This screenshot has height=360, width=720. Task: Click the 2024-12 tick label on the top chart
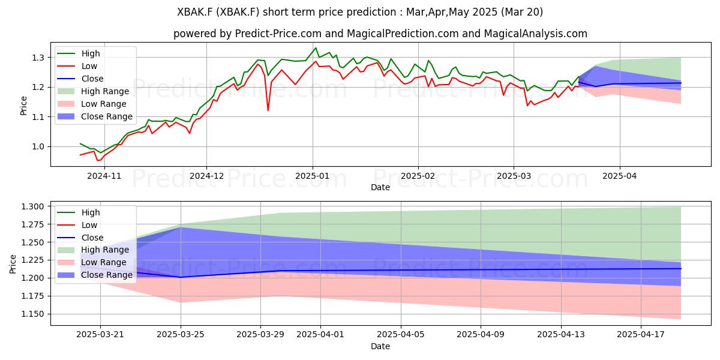point(206,176)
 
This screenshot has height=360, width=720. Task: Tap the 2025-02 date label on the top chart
point(418,176)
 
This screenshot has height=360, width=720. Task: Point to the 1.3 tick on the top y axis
point(38,58)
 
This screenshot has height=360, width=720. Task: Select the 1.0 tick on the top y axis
point(38,147)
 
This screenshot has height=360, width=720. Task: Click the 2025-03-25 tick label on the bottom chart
point(181,335)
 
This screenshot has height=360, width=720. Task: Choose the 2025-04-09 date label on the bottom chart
point(481,335)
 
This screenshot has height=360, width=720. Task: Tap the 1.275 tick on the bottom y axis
point(32,224)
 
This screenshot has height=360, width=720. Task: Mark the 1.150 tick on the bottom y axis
point(32,314)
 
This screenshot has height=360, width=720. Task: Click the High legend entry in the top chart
point(91,53)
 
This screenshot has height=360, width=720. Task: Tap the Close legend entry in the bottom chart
point(92,238)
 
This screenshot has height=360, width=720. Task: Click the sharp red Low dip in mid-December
point(268,110)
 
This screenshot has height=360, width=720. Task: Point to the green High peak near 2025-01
point(316,48)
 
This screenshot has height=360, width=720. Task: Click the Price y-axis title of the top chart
point(23,106)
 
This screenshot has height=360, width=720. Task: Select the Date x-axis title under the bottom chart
point(380,346)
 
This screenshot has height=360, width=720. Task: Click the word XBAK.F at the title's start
point(195,12)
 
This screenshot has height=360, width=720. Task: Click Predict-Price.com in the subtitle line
point(278,34)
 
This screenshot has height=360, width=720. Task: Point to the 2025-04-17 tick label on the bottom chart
point(641,335)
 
